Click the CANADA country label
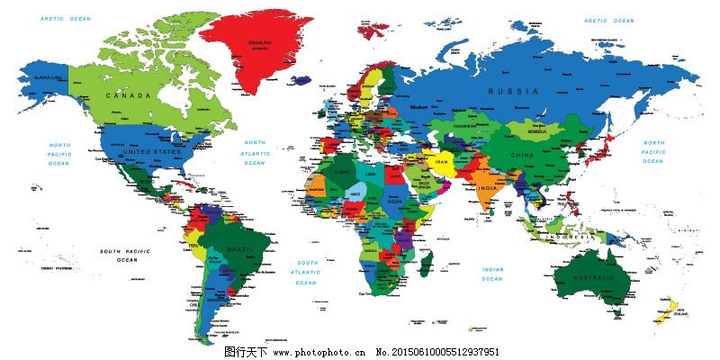(127, 94)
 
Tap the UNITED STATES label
(146, 152)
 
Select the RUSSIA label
(513, 92)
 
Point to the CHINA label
(522, 155)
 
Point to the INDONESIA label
(571, 236)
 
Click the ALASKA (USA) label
(48, 78)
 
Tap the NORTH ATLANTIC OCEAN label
(256, 152)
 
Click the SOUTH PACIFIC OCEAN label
(122, 255)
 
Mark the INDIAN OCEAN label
(492, 274)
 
